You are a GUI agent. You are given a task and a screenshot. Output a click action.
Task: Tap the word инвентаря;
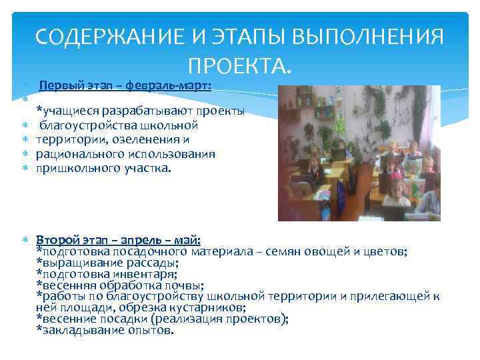coord(144,274)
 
